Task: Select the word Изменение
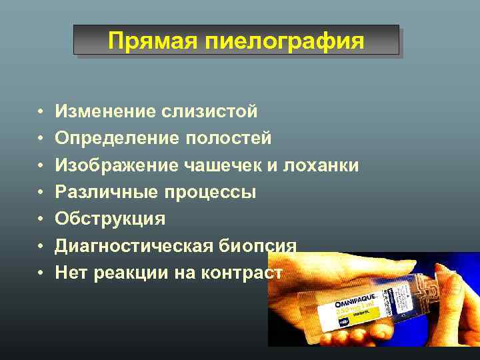[104, 111]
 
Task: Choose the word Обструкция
[110, 219]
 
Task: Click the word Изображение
[113, 165]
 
